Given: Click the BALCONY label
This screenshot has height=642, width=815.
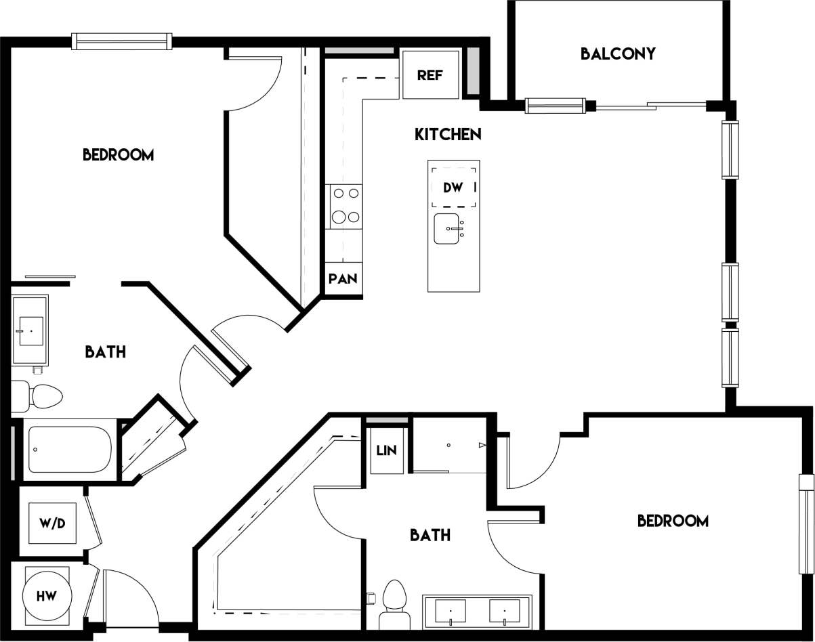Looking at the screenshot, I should [x=618, y=53].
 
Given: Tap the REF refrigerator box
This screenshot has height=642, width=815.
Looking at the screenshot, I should [x=430, y=74].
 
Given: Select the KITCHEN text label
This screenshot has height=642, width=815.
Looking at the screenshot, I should [x=448, y=134].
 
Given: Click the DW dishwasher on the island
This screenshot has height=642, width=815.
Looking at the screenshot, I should [x=453, y=188].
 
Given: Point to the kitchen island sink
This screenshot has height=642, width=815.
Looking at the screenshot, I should [x=448, y=230].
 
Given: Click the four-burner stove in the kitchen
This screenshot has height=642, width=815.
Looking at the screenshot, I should [x=346, y=206].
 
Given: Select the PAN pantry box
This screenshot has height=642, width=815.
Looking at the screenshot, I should [x=343, y=278].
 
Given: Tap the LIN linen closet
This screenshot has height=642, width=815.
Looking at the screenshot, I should [x=387, y=450].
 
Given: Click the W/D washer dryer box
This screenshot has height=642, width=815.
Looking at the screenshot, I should [x=52, y=523].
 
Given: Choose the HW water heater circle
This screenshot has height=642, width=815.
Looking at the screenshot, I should [x=47, y=596].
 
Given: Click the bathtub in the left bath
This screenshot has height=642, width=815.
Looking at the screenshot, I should [x=70, y=450].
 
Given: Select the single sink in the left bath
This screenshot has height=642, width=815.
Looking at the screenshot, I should [x=30, y=330].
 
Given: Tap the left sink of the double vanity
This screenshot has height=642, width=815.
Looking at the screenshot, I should [x=449, y=611].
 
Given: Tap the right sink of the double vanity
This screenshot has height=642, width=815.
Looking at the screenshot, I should [x=505, y=611].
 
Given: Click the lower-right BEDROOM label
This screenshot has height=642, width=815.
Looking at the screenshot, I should [x=673, y=521].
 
